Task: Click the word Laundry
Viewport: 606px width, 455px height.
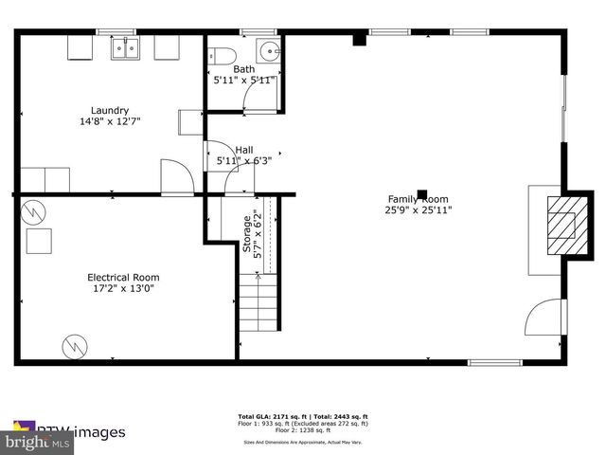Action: [110, 110]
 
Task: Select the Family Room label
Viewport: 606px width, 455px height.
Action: [418, 199]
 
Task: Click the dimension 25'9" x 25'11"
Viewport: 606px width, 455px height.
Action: [418, 210]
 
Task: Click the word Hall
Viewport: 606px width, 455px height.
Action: [244, 149]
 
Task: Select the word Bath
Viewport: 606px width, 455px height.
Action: [244, 69]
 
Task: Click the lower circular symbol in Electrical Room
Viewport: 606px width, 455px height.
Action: [72, 346]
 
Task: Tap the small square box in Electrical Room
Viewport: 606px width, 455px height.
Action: [40, 243]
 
